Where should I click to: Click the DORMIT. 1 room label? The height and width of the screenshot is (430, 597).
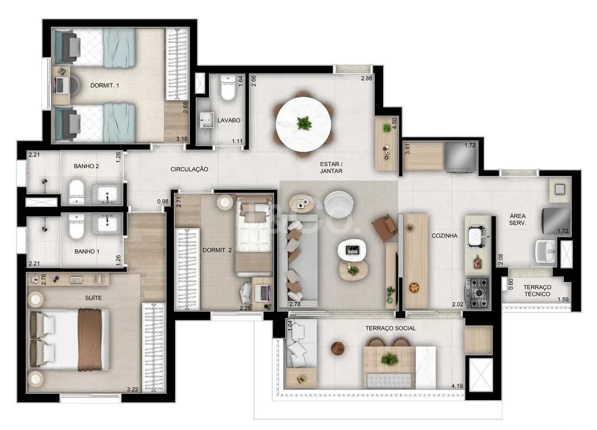[104, 85]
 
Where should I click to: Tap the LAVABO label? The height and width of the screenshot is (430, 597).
[228, 120]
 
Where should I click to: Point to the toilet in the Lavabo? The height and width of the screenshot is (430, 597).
[228, 87]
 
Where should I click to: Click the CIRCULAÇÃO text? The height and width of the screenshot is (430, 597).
[189, 169]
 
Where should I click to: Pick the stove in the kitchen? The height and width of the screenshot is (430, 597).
[477, 293]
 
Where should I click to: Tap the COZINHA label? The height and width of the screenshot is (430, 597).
[444, 236]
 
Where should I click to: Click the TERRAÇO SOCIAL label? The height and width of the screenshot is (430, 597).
[390, 328]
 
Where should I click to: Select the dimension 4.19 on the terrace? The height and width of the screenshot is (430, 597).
[457, 386]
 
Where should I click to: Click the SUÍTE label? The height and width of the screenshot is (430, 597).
[93, 298]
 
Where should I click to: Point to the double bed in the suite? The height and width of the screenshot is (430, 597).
[70, 340]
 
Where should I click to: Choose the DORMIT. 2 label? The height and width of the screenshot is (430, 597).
[217, 250]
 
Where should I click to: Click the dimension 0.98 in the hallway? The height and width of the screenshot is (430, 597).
[163, 201]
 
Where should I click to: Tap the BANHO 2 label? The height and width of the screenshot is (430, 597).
[86, 166]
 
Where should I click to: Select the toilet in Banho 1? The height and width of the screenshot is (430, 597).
[76, 226]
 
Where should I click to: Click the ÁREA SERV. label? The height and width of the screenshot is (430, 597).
[517, 219]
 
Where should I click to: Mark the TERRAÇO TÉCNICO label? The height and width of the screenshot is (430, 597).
[537, 291]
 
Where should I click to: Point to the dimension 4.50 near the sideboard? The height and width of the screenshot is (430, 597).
[395, 123]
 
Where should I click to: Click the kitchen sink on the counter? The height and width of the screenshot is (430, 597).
[477, 236]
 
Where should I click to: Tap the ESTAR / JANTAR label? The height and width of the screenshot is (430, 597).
[331, 168]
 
